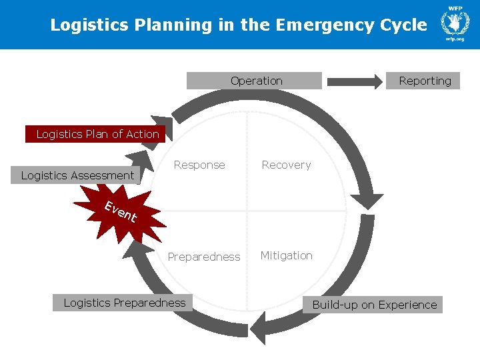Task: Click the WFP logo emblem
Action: (455, 22)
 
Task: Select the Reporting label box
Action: (423, 81)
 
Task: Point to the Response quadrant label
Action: (199, 165)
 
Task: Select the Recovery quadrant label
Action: (286, 165)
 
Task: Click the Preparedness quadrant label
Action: (203, 257)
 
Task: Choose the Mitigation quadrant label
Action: (286, 255)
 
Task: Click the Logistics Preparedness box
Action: (124, 303)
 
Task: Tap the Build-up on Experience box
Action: (375, 305)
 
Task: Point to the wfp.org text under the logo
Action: (455, 39)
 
